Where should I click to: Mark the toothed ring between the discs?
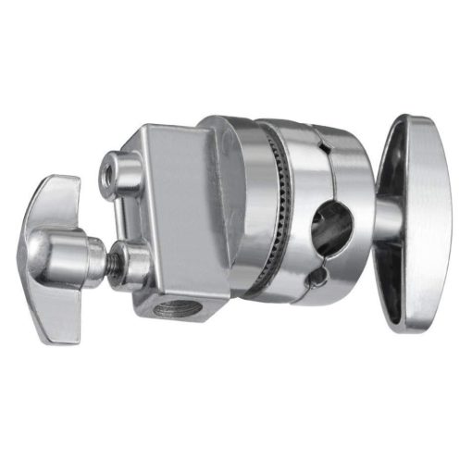click(x=275, y=217)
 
